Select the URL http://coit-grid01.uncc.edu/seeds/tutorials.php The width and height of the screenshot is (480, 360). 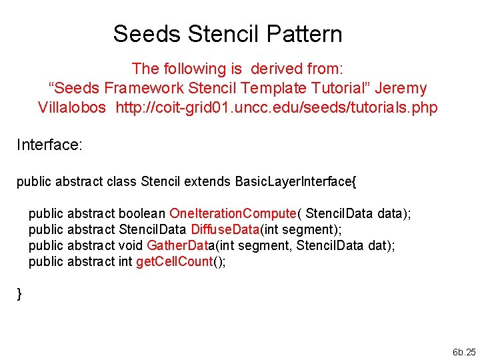(x=277, y=107)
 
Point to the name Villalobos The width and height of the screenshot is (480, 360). (x=72, y=107)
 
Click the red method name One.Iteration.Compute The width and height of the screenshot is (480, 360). (x=233, y=213)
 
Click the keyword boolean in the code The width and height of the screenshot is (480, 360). (x=142, y=213)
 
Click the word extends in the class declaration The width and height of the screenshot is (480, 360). (x=207, y=181)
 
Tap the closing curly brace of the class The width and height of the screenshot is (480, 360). (x=19, y=294)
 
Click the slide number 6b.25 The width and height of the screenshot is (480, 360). (x=463, y=351)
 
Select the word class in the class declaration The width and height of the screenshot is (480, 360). (x=122, y=181)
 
